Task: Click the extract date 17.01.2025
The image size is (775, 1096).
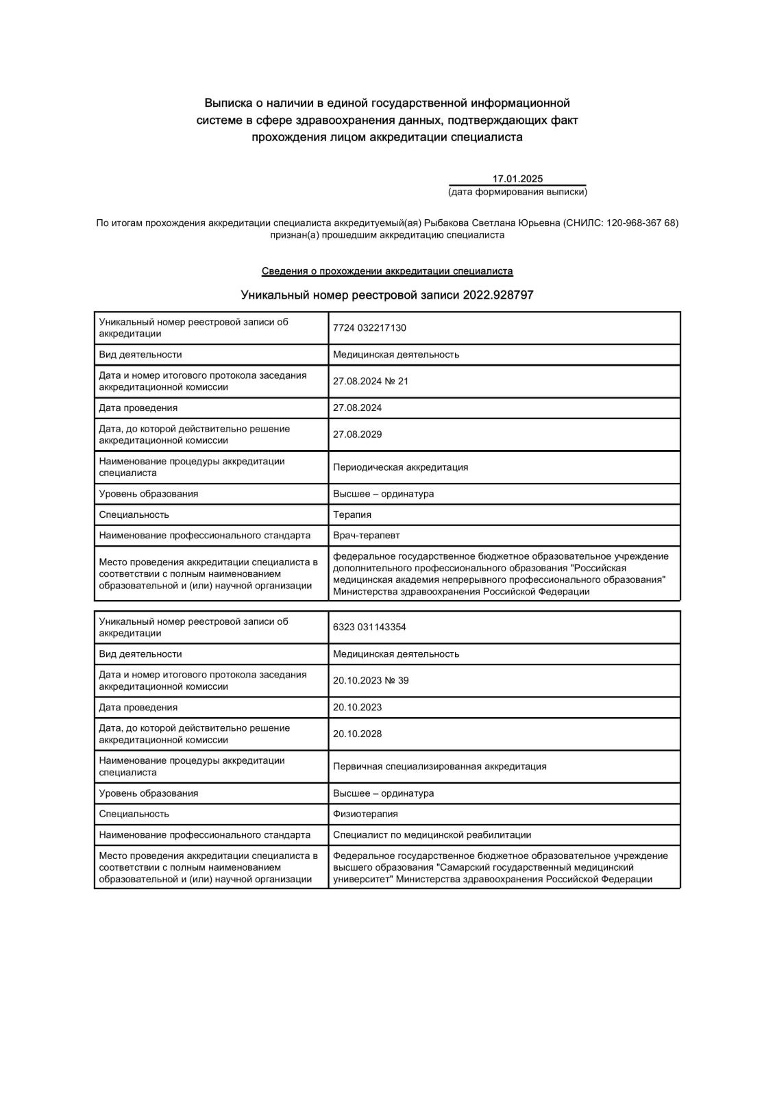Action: pyautogui.click(x=517, y=179)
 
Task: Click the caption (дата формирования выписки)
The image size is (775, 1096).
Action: pyautogui.click(x=517, y=192)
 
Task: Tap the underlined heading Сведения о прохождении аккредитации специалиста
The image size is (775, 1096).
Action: pyautogui.click(x=387, y=271)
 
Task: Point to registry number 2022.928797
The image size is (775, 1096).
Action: pyautogui.click(x=498, y=295)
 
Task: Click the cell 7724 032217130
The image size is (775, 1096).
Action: pyautogui.click(x=369, y=328)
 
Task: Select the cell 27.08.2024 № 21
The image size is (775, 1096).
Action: pyautogui.click(x=370, y=381)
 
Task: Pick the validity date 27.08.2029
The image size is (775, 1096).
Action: pyautogui.click(x=357, y=434)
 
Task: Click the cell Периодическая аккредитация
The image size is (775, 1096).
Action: pyautogui.click(x=400, y=467)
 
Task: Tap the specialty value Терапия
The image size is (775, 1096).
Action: pyautogui.click(x=352, y=514)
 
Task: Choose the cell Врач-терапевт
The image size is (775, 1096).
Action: pyautogui.click(x=366, y=535)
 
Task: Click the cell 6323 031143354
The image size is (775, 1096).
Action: pyautogui.click(x=369, y=627)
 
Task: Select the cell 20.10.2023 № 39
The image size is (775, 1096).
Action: pyautogui.click(x=370, y=680)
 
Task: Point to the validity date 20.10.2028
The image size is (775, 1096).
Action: pyautogui.click(x=357, y=734)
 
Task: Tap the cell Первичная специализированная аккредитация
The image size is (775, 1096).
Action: pyautogui.click(x=439, y=767)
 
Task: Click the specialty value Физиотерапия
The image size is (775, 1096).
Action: pyautogui.click(x=365, y=814)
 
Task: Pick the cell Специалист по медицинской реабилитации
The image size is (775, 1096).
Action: pyautogui.click(x=432, y=834)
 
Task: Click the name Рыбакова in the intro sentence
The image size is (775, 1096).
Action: pyautogui.click(x=445, y=223)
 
